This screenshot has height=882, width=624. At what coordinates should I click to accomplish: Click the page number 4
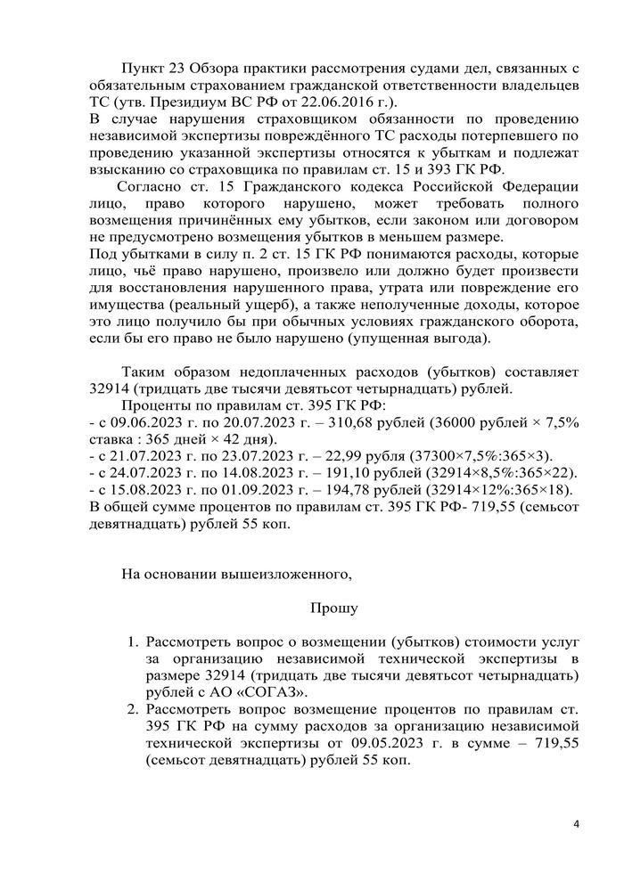coord(576,822)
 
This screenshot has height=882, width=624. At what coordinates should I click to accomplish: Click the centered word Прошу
coord(334,608)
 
